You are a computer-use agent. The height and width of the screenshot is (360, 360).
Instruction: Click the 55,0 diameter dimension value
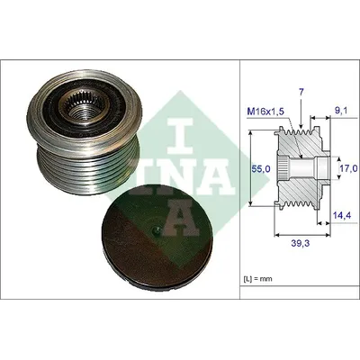coord(260,169)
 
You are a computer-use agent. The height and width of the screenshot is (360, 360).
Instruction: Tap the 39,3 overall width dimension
coord(301,243)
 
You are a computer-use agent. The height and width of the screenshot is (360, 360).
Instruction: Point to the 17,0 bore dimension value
coord(350,168)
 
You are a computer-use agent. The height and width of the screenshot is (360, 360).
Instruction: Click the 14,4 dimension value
coord(341,215)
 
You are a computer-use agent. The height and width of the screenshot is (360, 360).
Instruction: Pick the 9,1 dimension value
coord(342,111)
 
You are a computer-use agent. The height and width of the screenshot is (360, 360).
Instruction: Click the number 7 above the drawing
coord(301,93)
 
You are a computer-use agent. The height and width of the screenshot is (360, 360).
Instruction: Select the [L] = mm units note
coord(257,279)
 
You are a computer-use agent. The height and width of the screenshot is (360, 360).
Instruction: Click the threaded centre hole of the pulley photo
coord(83,111)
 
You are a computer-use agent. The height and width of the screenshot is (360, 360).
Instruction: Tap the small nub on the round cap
coord(157,230)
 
